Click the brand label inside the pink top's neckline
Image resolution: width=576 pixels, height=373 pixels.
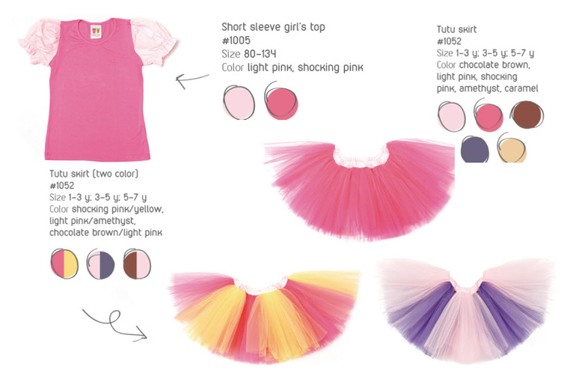pyautogui.click(x=96, y=31)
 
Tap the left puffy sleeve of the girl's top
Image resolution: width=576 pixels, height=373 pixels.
pyautogui.click(x=40, y=41)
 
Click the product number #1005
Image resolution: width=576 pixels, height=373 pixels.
pyautogui.click(x=236, y=40)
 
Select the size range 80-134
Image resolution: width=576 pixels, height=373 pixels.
pyautogui.click(x=260, y=54)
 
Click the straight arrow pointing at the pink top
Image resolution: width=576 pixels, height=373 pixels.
pyautogui.click(x=192, y=79)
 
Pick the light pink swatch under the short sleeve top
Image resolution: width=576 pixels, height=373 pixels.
pyautogui.click(x=239, y=103)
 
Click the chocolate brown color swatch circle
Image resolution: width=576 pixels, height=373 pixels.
pyautogui.click(x=527, y=115)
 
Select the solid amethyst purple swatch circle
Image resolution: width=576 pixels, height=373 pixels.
pyautogui.click(x=474, y=149)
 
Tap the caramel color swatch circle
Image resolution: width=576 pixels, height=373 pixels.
pyautogui.click(x=512, y=149)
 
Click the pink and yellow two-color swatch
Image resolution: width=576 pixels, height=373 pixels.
pyautogui.click(x=64, y=264)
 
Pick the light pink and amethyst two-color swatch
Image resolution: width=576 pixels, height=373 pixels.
pyautogui.click(x=101, y=264)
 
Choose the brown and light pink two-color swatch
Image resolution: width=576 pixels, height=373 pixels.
pyautogui.click(x=137, y=264)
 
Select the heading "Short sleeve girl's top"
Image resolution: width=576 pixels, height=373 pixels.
pyautogui.click(x=273, y=27)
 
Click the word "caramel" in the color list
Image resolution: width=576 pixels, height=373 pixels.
pyautogui.click(x=521, y=88)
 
